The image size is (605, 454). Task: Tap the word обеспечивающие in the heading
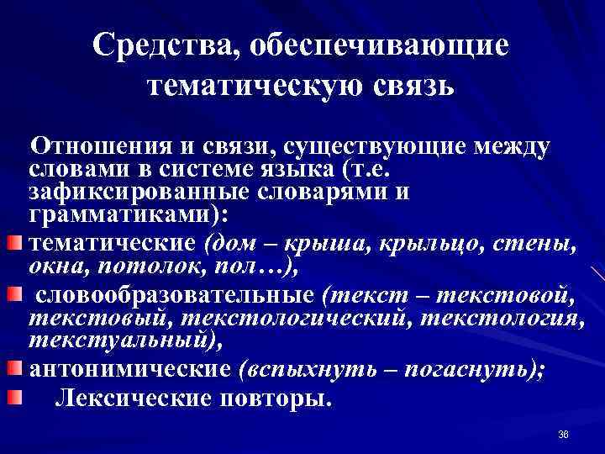(x=374, y=47)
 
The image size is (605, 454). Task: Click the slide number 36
(x=564, y=434)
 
